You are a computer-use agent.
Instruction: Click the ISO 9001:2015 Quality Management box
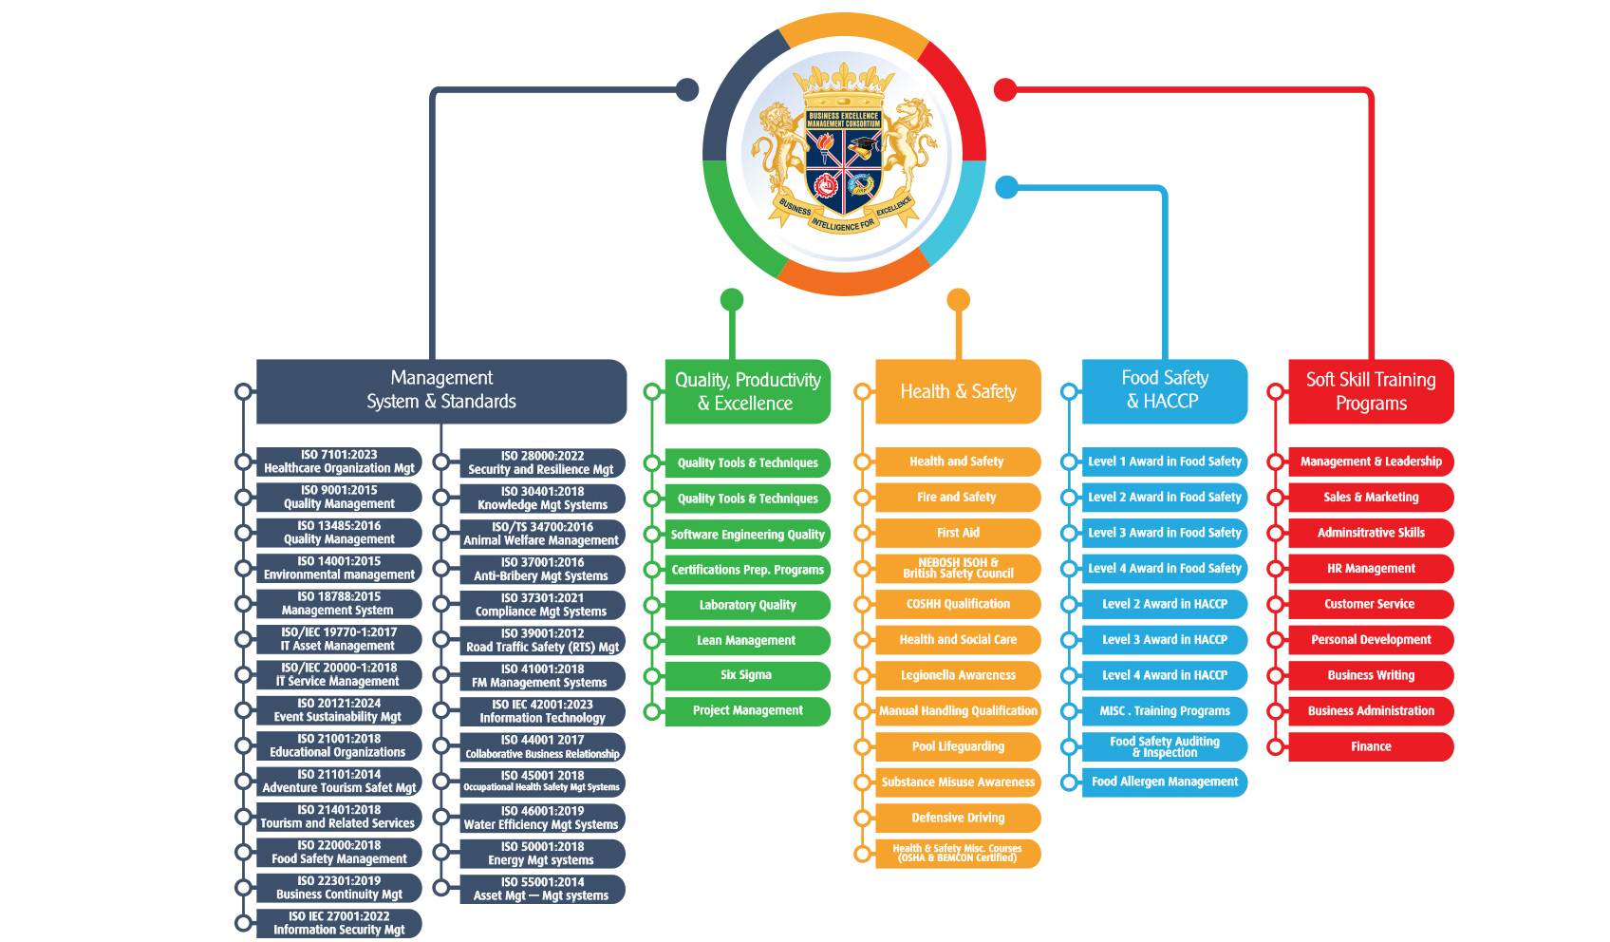click(x=339, y=498)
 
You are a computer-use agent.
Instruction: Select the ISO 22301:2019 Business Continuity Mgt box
click(x=339, y=888)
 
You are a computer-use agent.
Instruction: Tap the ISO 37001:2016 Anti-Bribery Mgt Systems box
click(x=542, y=570)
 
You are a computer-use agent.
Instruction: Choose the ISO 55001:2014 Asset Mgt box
click(x=542, y=889)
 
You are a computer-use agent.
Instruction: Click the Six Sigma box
click(x=747, y=675)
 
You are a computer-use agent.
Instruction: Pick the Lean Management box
click(x=747, y=640)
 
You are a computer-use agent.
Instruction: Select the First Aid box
click(x=958, y=533)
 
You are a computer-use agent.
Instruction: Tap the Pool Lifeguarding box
click(x=958, y=746)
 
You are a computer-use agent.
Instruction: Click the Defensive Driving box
click(x=958, y=818)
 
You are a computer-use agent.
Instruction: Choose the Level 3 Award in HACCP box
click(x=1165, y=640)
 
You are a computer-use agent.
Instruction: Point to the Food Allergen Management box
click(x=1165, y=782)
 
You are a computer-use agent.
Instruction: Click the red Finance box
click(x=1371, y=746)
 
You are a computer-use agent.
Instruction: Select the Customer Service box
click(x=1371, y=604)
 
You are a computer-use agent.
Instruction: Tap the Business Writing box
click(x=1371, y=675)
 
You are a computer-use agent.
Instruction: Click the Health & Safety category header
click(x=958, y=391)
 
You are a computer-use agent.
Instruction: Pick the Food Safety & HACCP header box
click(x=1165, y=390)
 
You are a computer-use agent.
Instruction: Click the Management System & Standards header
click(x=441, y=390)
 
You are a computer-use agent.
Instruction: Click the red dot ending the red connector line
click(x=1005, y=90)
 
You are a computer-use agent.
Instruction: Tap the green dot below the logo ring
click(x=732, y=300)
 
